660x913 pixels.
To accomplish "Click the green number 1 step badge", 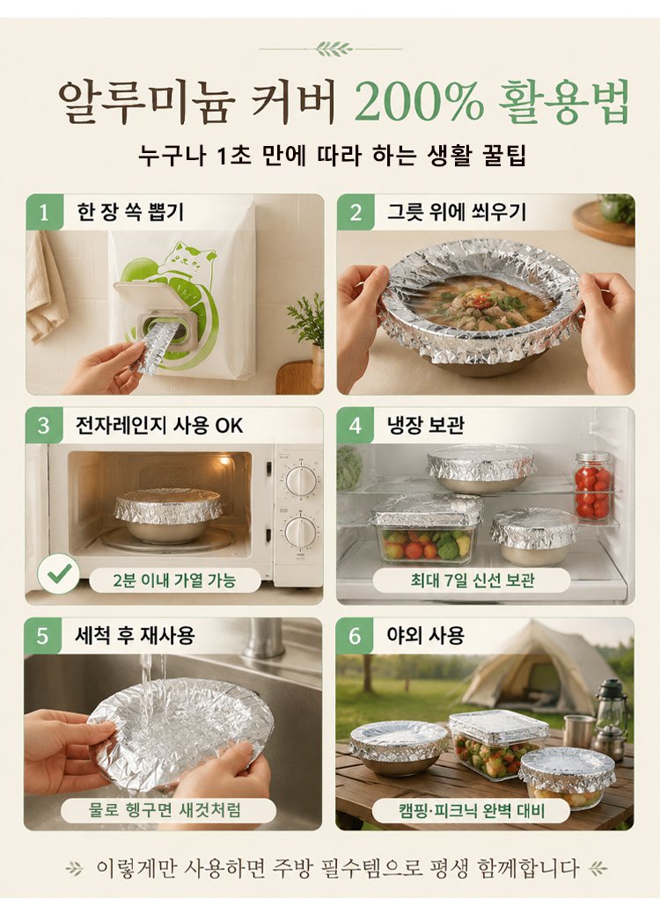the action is click(x=44, y=212).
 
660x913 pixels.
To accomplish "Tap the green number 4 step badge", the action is click(x=356, y=425).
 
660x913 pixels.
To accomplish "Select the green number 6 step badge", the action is click(x=355, y=635).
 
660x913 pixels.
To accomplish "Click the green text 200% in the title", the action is click(x=419, y=103).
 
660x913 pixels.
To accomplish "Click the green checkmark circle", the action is click(x=58, y=573).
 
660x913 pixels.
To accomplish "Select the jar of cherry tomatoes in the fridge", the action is click(x=593, y=486).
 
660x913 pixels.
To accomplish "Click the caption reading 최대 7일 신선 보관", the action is click(x=472, y=580).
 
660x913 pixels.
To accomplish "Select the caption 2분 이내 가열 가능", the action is click(x=174, y=580).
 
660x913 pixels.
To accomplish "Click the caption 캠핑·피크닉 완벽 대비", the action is click(x=472, y=810).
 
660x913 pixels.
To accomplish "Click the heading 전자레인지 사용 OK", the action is click(x=158, y=426).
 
